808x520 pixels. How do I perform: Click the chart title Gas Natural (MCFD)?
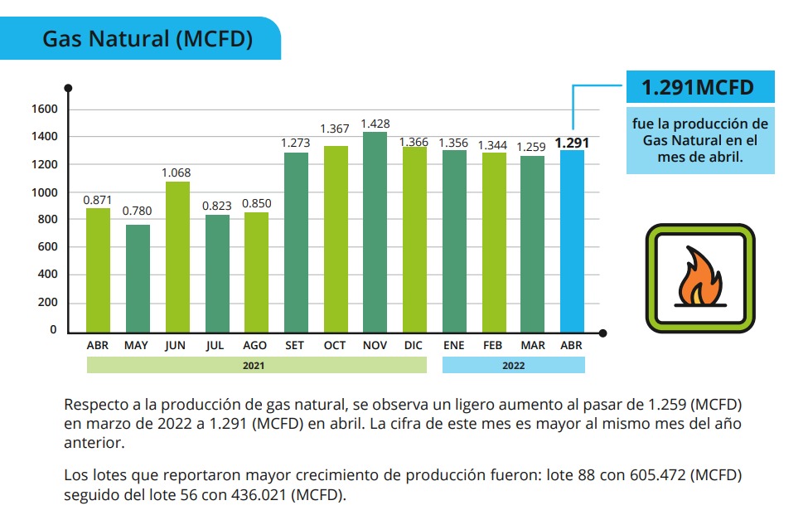pos(148,39)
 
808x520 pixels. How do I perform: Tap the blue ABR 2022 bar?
pos(572,240)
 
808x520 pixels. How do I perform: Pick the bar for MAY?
pos(138,277)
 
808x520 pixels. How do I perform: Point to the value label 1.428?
pos(375,124)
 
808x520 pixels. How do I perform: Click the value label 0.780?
pos(137,211)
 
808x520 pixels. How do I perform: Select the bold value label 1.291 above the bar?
pos(572,143)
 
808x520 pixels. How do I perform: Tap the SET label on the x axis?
pos(294,344)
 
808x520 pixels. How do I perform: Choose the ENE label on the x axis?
pos(454,344)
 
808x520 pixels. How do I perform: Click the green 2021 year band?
pos(256,365)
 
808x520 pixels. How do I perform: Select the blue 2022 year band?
pos(513,365)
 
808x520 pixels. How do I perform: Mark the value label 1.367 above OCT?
pos(335,129)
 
